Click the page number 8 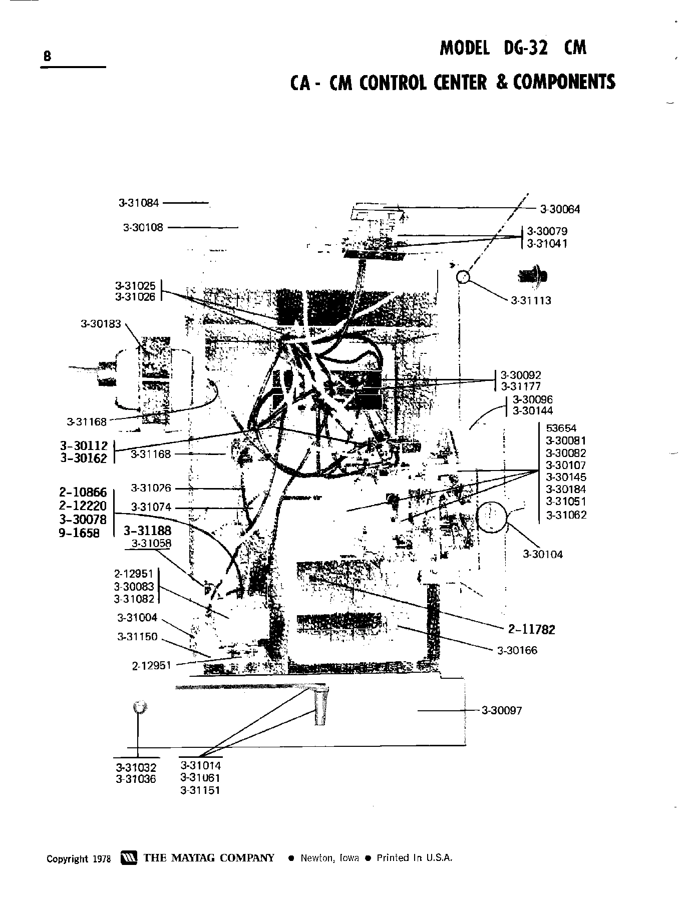tap(47, 56)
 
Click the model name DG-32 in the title tap(523, 48)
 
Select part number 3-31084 tap(139, 203)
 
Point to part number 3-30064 tap(560, 209)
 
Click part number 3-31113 tap(531, 300)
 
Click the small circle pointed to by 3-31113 tap(463, 277)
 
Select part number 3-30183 tap(101, 324)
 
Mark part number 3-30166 tap(517, 650)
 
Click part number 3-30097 tap(501, 710)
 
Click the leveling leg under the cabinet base tap(321, 706)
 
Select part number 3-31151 tap(200, 790)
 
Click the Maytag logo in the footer tap(129, 857)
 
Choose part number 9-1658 tap(79, 533)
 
